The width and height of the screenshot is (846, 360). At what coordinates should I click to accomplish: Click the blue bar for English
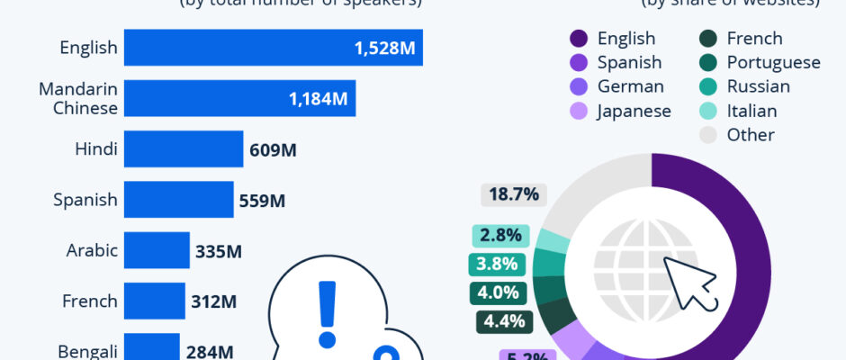coord(270,48)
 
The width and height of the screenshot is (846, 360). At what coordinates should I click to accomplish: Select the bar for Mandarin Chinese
coord(239,98)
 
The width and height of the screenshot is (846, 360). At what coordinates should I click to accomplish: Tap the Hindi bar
coord(184,148)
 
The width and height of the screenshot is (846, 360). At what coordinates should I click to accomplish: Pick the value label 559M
coord(262,200)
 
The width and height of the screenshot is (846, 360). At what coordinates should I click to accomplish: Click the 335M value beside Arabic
coord(218,251)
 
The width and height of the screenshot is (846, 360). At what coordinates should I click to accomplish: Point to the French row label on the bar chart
coord(90,301)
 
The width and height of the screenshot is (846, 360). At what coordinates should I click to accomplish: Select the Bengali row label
coord(87,350)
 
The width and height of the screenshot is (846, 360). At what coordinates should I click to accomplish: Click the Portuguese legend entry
coord(761,63)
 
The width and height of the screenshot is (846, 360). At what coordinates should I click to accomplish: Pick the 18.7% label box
coord(514,193)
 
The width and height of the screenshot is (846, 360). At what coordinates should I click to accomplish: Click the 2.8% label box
coord(500,236)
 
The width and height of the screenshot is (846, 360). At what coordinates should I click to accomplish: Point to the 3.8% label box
coord(498,265)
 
